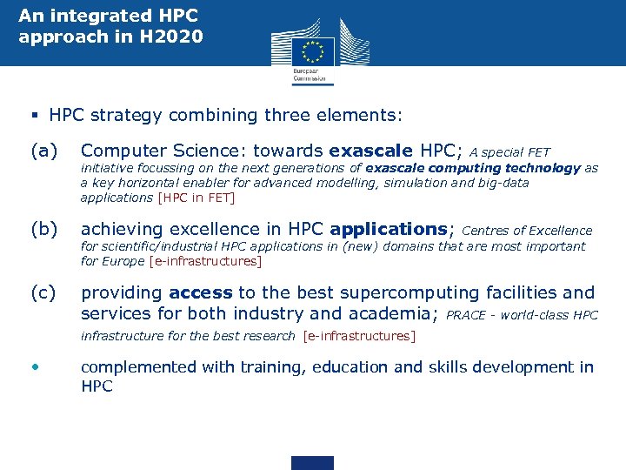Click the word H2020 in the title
[x=174, y=37]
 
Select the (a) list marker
[x=44, y=151]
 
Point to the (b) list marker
[x=44, y=230]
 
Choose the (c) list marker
[x=44, y=293]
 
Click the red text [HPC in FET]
[x=196, y=198]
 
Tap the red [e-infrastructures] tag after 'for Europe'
[x=205, y=261]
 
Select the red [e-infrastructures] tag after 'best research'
[x=359, y=336]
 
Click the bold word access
[x=201, y=293]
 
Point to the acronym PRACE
[x=465, y=315]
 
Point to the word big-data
[x=503, y=183]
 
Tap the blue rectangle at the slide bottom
[x=312, y=462]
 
